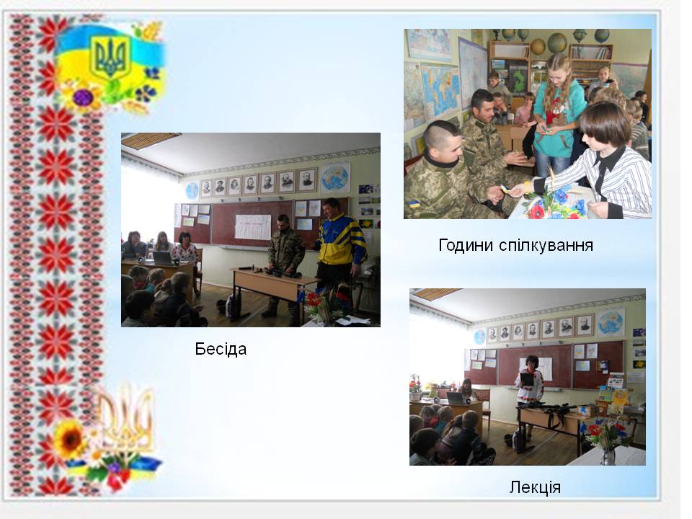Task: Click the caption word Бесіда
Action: coord(221,349)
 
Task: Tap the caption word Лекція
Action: coord(535,487)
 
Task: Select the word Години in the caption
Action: coord(466,245)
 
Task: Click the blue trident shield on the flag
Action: coord(110,57)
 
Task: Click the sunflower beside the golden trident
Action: coord(70,439)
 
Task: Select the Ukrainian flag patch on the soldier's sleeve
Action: coord(414,204)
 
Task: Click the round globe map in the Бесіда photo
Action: coord(334,177)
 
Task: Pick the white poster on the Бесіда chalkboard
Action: coord(252,227)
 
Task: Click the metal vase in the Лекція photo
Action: coord(608,456)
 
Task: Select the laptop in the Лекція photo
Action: coord(456,398)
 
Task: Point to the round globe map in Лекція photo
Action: coord(611,322)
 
